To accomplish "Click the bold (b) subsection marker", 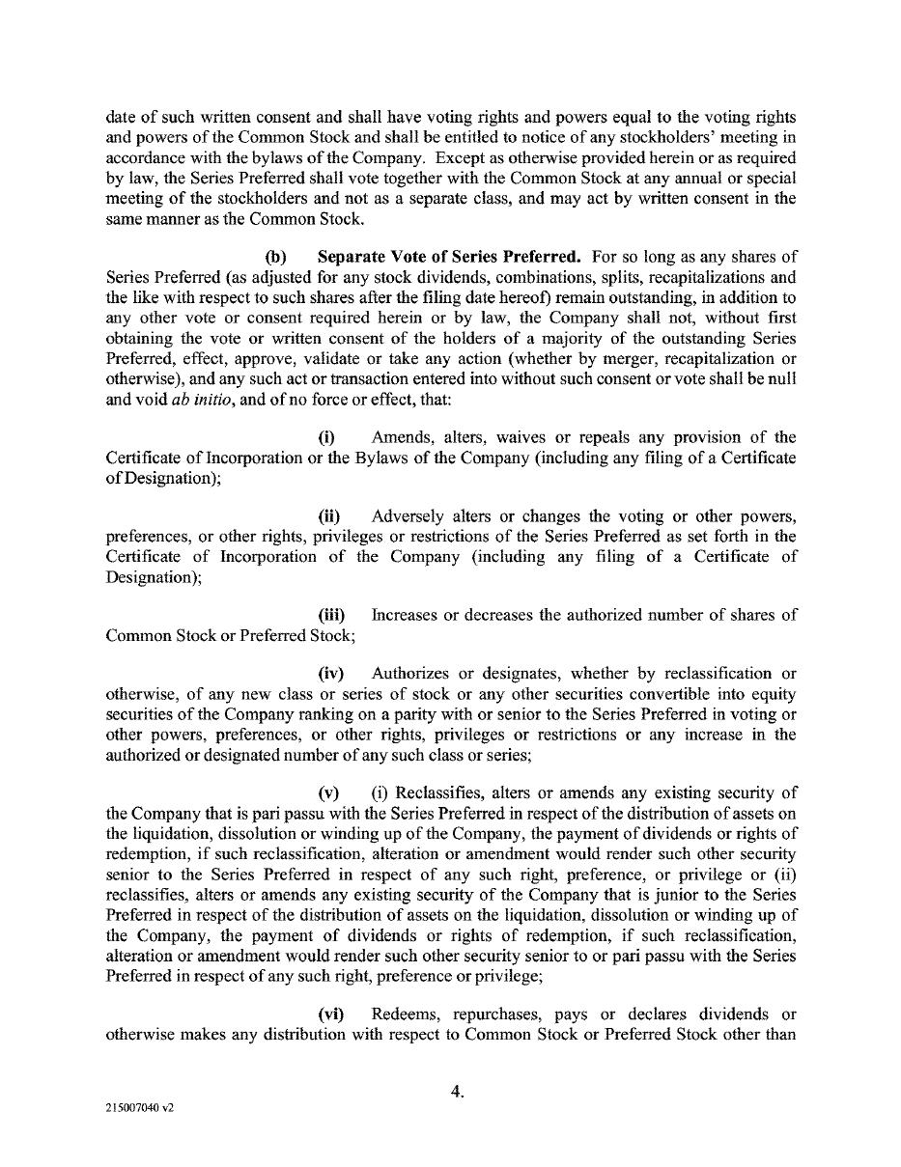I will click(276, 257).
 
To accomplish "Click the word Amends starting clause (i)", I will click(398, 438).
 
